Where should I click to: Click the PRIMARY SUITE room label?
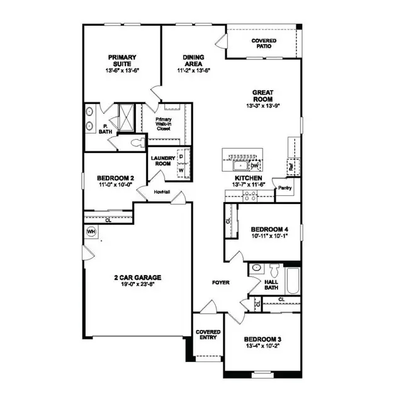[x=121, y=61]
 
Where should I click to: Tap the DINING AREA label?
[x=193, y=61]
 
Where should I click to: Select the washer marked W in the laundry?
[x=181, y=169]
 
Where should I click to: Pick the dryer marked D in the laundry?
[x=181, y=156]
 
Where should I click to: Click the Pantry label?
[x=285, y=188]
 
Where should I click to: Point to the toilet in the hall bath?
[x=256, y=269]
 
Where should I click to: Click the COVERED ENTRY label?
[x=207, y=334]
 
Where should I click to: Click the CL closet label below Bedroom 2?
[x=108, y=220]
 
